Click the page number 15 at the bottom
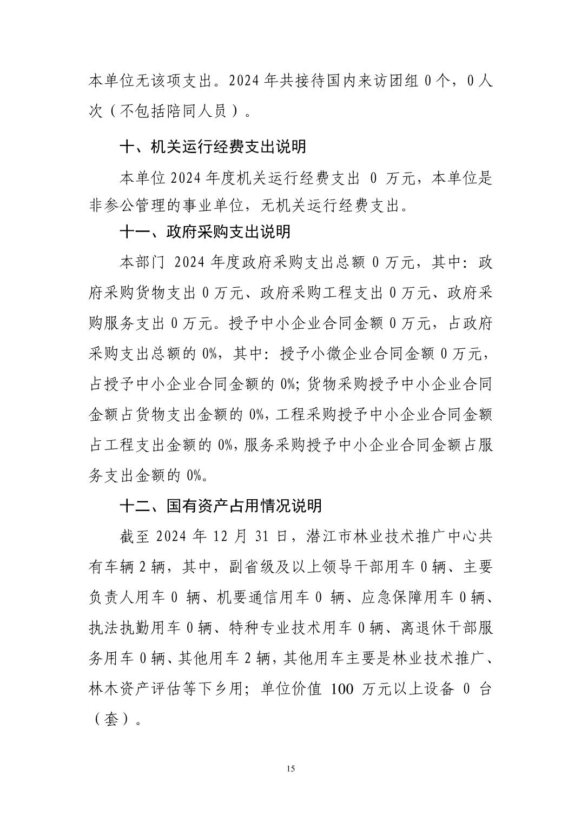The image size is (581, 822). pos(290,768)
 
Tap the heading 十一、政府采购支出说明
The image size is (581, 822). pos(205,231)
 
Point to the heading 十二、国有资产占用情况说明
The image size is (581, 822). pos(221,506)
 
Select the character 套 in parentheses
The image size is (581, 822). pos(111,720)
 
